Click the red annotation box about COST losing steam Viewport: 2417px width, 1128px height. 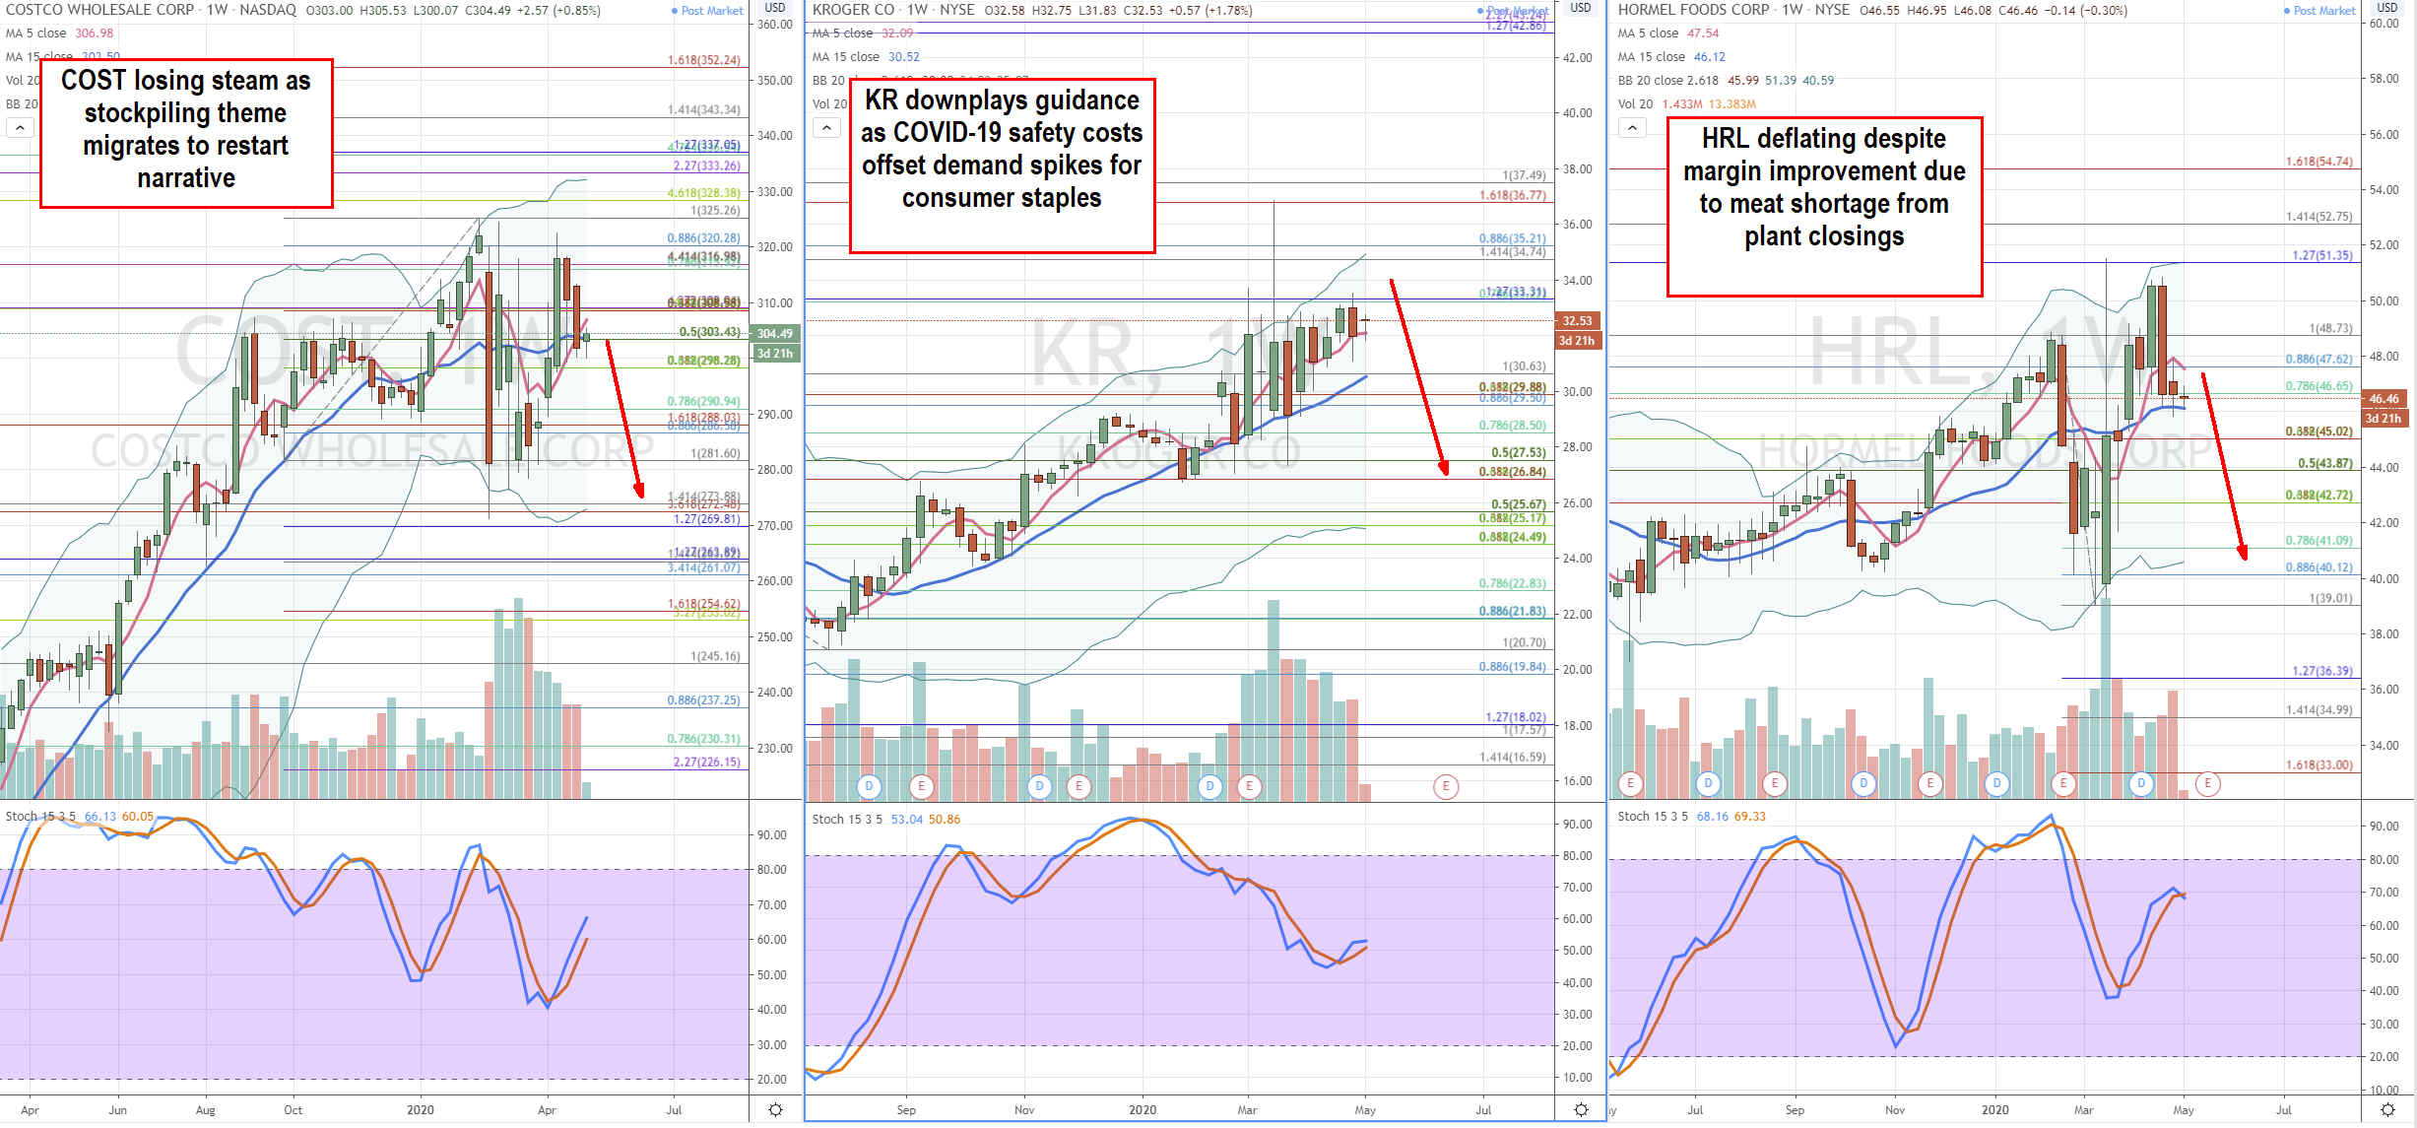(x=186, y=132)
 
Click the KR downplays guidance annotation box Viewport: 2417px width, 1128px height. (x=1002, y=165)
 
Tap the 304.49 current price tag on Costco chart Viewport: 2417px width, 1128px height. (x=775, y=334)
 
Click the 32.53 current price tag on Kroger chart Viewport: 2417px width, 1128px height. (x=1577, y=321)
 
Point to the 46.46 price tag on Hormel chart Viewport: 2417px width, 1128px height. (x=2384, y=399)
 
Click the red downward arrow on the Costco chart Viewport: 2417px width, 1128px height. (x=624, y=420)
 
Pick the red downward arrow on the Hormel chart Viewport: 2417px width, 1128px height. (x=2224, y=466)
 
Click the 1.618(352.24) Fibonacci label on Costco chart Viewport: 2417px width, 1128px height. (x=703, y=60)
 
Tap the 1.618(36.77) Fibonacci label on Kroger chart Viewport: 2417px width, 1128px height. (x=1512, y=195)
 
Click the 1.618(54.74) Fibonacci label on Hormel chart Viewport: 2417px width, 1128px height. (x=2319, y=162)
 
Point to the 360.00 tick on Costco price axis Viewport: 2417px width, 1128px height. (x=775, y=25)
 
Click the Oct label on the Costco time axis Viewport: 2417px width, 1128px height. (x=294, y=1110)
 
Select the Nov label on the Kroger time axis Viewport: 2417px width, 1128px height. (x=1024, y=1110)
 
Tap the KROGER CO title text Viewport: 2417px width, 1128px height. (x=853, y=10)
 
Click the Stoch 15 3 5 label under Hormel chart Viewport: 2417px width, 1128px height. (x=1653, y=817)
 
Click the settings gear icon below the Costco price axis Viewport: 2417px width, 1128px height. (x=775, y=1110)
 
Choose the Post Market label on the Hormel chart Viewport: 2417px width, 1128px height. (x=2323, y=11)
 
